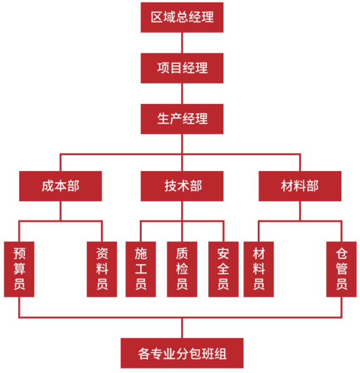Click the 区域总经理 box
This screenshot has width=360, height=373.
click(x=182, y=17)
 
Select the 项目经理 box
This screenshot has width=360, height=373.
click(x=182, y=68)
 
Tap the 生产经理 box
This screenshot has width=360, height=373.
click(x=182, y=119)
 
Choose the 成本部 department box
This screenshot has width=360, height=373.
click(x=60, y=186)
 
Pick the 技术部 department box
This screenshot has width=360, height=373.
click(x=182, y=186)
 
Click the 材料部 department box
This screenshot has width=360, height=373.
click(x=300, y=186)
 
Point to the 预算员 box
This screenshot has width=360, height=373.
click(x=19, y=269)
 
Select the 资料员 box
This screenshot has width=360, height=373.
click(x=102, y=269)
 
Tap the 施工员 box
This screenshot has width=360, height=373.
click(x=141, y=269)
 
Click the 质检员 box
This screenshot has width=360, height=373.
click(x=182, y=269)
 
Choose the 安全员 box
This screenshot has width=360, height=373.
click(x=223, y=269)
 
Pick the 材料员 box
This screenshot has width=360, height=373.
click(x=259, y=269)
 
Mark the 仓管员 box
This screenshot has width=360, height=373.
click(x=341, y=269)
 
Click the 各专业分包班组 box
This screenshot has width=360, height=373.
click(x=182, y=353)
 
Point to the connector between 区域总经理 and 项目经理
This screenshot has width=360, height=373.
click(x=182, y=43)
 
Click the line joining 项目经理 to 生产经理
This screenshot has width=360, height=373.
click(x=182, y=93)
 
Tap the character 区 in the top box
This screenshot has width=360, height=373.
click(x=157, y=17)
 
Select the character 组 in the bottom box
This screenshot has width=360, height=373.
click(x=220, y=354)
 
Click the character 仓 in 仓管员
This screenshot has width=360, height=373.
click(x=342, y=254)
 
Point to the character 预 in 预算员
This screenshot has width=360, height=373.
click(x=19, y=254)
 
